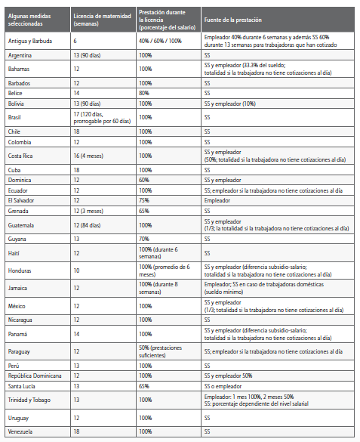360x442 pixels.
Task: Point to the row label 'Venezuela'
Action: click(20, 431)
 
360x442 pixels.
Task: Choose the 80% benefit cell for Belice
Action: click(144, 91)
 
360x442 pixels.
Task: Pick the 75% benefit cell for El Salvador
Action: click(144, 201)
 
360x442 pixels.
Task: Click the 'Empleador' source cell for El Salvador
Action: click(217, 201)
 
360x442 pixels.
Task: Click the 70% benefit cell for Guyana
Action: click(144, 237)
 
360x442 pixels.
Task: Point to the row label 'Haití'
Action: click(15, 253)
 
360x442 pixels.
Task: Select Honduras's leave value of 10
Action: click(77, 270)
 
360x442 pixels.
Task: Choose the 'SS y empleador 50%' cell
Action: click(228, 376)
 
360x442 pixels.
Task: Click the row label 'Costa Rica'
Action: click(20, 156)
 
